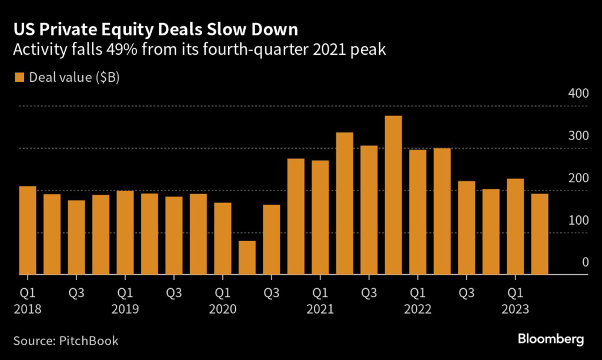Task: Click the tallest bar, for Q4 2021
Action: point(393,195)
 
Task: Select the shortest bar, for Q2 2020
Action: point(247,258)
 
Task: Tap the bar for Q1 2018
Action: point(28,231)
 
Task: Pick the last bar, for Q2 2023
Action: point(540,234)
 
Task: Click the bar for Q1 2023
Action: point(516,226)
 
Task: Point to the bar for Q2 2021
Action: point(345,204)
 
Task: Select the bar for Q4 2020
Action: point(296,216)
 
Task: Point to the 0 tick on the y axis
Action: point(585,262)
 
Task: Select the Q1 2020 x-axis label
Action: point(223,299)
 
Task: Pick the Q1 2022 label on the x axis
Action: point(418,299)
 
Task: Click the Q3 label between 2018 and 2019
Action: point(76,292)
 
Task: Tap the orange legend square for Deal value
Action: point(19,78)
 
